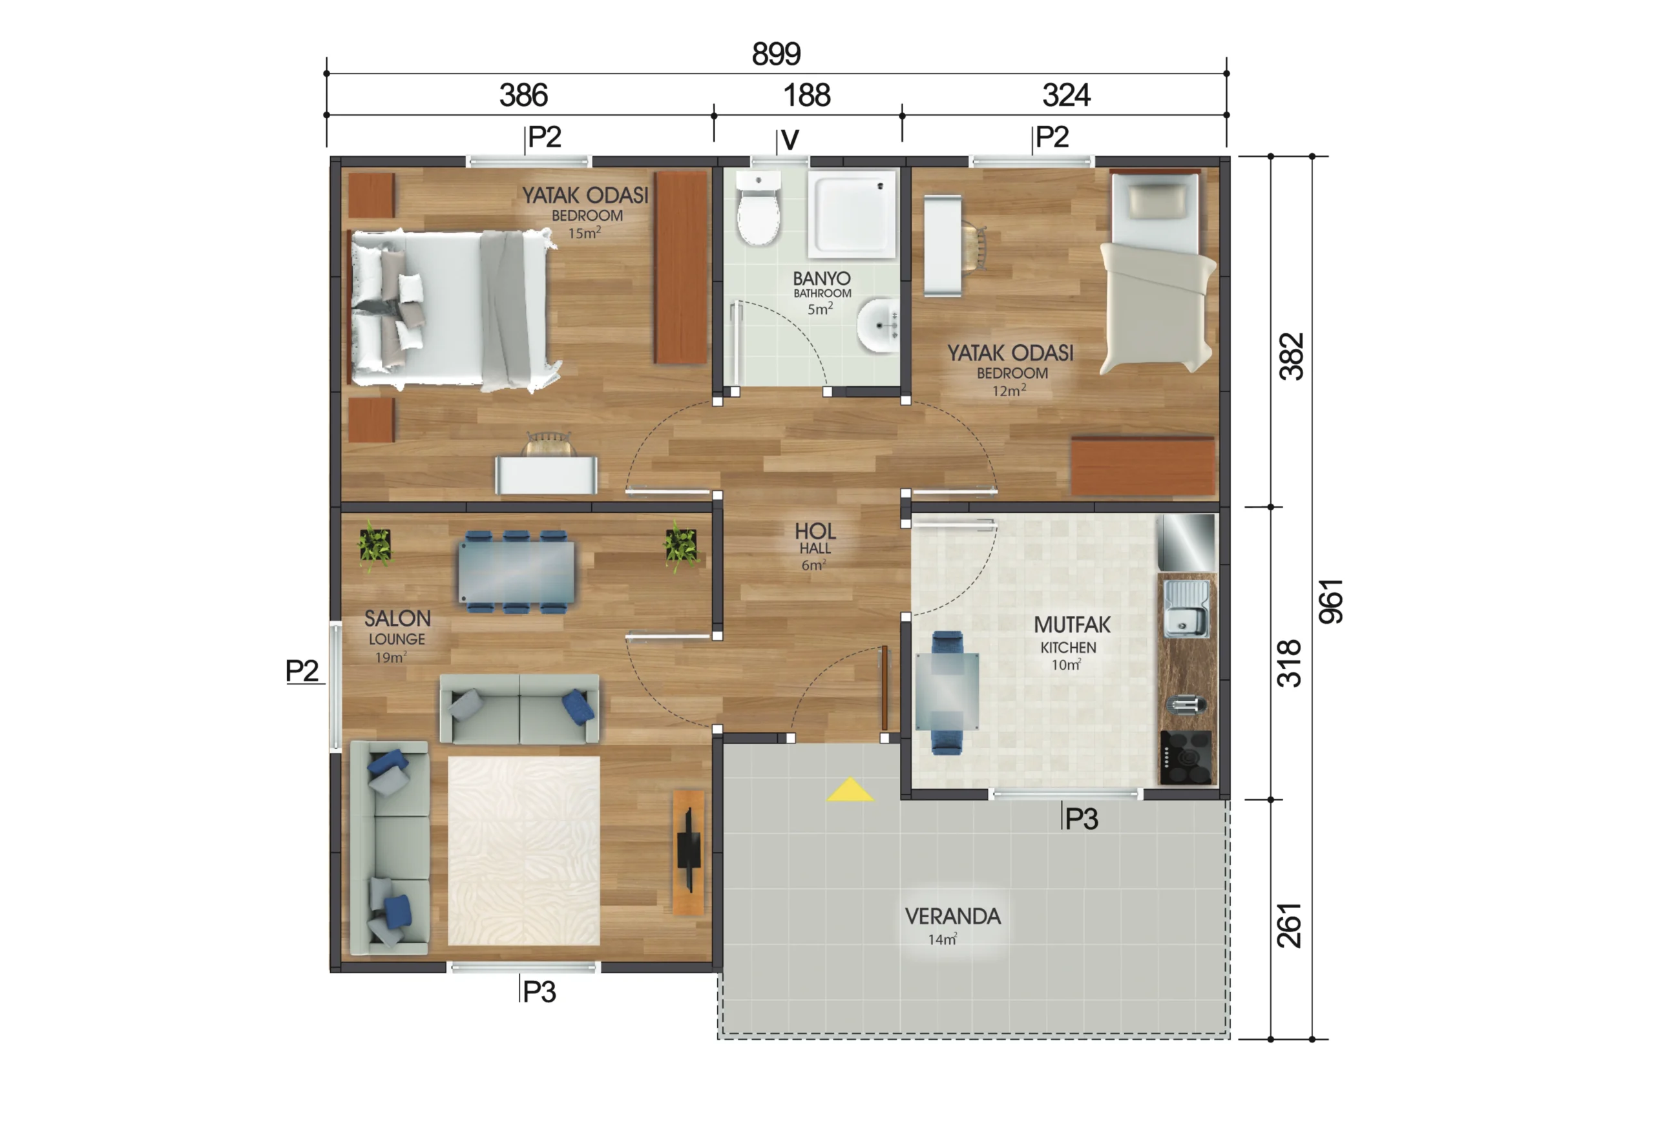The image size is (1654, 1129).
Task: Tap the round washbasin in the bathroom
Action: [878, 326]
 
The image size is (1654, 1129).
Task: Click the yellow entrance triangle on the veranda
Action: [850, 790]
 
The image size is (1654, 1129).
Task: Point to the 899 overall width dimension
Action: [777, 54]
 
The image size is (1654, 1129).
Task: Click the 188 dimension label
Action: [807, 96]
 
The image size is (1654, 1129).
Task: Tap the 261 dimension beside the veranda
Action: [1289, 926]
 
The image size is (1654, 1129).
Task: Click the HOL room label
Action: [815, 532]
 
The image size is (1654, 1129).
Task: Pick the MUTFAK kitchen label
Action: [1072, 625]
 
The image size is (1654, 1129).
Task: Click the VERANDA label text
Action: [953, 917]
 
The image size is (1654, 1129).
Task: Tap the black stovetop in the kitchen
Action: [1186, 758]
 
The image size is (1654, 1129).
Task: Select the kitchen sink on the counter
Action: [1186, 610]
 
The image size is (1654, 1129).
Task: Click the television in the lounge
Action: [688, 850]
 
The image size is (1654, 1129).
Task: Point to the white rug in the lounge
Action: [524, 851]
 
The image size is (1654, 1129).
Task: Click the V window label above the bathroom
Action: [790, 140]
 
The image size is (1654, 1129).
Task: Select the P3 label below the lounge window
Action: [539, 991]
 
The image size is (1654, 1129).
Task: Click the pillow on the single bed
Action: [1158, 199]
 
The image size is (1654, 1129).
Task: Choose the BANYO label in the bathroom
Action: [822, 278]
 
